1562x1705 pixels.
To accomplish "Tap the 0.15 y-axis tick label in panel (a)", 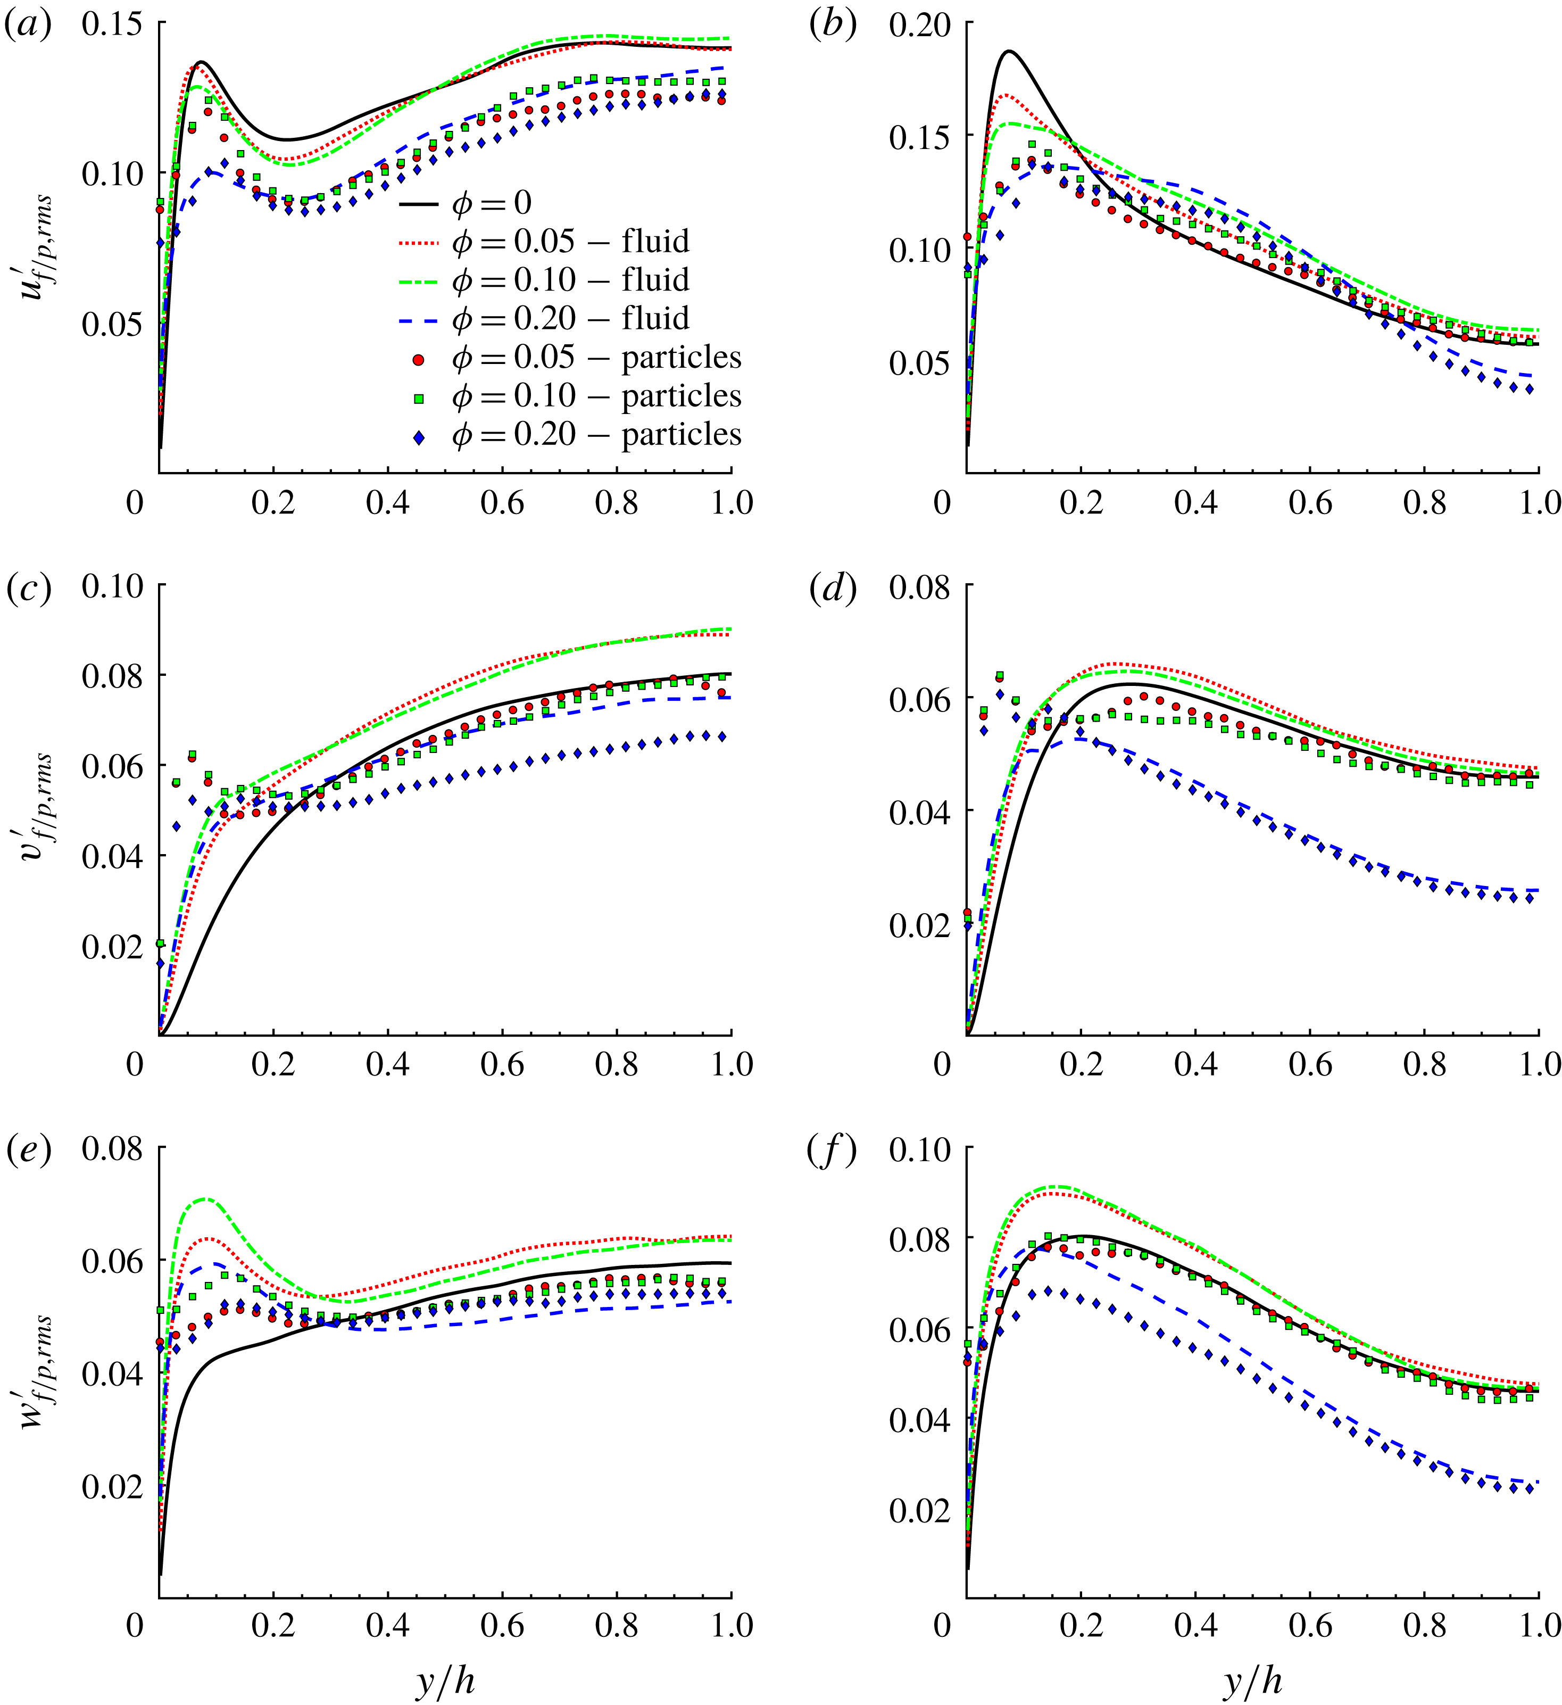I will (x=112, y=23).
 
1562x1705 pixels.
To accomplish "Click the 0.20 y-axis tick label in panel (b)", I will (x=919, y=23).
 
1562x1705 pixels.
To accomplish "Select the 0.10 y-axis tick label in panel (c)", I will (x=112, y=585).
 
